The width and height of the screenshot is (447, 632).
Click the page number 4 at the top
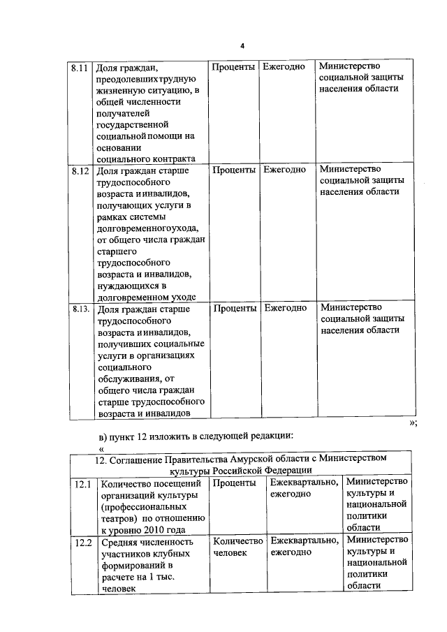click(x=242, y=47)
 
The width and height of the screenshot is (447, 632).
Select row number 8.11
click(x=79, y=68)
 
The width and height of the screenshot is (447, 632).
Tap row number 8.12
click(x=79, y=170)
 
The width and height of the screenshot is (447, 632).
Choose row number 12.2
click(x=83, y=542)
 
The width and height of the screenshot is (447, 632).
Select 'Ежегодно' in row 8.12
click(x=284, y=169)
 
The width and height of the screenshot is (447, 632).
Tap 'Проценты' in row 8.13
click(x=234, y=307)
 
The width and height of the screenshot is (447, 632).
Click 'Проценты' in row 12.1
click(x=234, y=483)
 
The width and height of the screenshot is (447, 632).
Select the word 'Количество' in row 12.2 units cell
click(x=237, y=541)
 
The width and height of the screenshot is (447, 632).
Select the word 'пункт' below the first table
click(x=122, y=436)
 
